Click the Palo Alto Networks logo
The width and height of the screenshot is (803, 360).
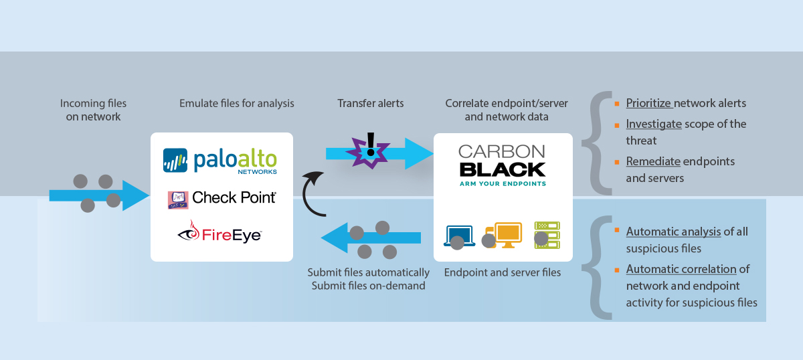point(220,161)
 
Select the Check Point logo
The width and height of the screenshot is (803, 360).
point(221,199)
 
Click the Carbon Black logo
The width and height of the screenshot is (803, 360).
point(503,165)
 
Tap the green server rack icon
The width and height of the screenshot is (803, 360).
point(547,235)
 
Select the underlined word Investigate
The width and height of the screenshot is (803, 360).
point(653,124)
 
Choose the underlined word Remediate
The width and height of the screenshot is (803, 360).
point(653,161)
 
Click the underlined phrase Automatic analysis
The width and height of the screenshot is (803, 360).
point(673,232)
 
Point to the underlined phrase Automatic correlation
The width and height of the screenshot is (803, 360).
point(681,269)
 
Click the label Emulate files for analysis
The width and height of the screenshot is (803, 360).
point(237,104)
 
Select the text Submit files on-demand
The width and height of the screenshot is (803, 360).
point(368,286)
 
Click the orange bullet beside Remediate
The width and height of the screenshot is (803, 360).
point(616,160)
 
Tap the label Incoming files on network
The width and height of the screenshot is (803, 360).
point(93,110)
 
